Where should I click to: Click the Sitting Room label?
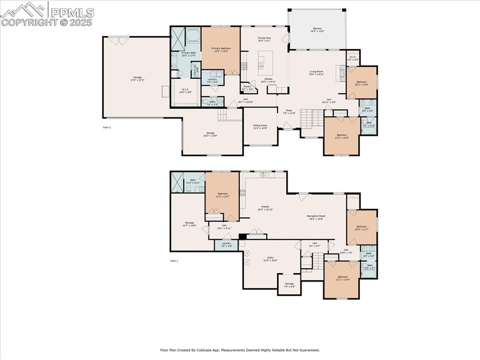260,127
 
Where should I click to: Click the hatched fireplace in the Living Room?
342,74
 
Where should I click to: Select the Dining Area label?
264,39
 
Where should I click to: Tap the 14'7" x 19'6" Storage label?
189,224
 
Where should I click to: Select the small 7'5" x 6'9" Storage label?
289,285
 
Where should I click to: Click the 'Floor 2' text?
107,127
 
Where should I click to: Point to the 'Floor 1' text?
174,261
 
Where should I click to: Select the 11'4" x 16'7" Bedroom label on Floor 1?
223,195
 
